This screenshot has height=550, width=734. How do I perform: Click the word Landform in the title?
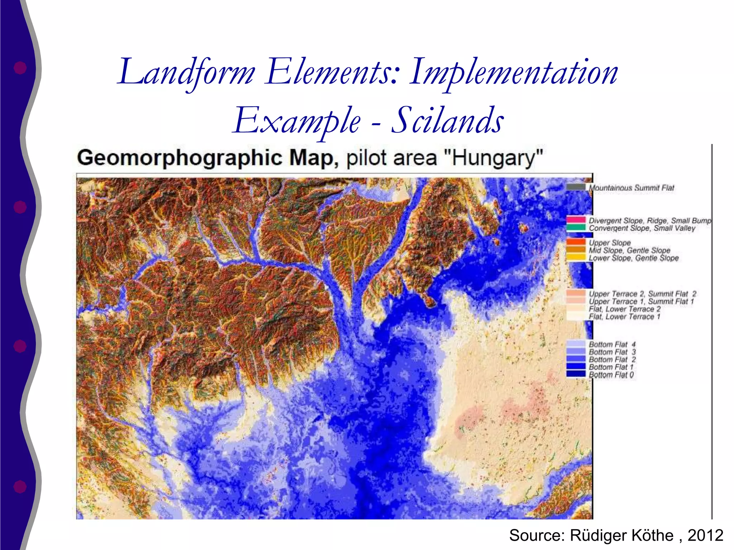coord(186,73)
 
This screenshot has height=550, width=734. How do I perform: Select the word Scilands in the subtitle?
coord(448,121)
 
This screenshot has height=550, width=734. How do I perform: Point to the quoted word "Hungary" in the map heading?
coord(494,158)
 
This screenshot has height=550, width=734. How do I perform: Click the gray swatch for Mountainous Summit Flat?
coord(576,187)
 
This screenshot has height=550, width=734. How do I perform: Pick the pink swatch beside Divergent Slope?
coord(576,219)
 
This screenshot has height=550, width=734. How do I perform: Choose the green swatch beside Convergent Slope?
coord(576,227)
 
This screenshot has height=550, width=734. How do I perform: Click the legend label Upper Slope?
coord(610,243)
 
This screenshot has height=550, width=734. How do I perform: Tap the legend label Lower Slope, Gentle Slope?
coord(634,258)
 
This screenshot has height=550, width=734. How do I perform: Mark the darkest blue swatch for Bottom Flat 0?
coord(576,374)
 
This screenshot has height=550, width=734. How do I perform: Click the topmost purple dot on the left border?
coord(20,68)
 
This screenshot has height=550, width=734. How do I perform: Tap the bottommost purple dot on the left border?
coord(20,486)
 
